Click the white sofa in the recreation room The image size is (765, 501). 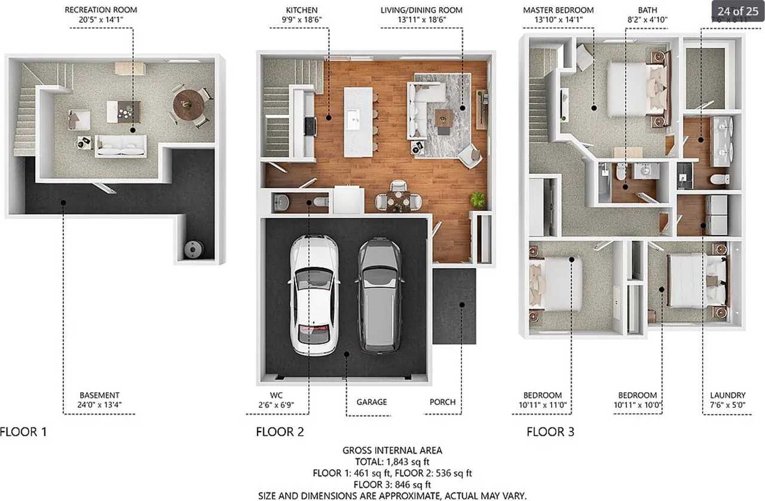click(x=121, y=145)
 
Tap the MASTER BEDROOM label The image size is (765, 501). click(x=558, y=10)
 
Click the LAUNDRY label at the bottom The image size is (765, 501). click(x=727, y=395)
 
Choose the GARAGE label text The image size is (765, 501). click(x=372, y=402)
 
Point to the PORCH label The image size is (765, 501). click(x=442, y=402)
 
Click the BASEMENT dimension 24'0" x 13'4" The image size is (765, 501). click(x=100, y=405)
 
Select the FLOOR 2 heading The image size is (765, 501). click(x=280, y=432)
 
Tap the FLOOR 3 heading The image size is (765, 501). click(x=550, y=432)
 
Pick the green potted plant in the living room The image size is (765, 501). click(x=478, y=199)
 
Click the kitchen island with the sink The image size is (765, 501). click(x=357, y=122)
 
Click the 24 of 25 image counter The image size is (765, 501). click(x=737, y=11)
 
